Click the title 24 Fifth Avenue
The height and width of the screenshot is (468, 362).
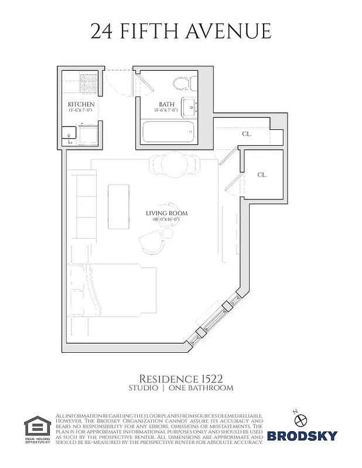(181, 31)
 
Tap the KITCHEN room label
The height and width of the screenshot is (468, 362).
(81, 105)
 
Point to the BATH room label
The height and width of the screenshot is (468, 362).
(166, 104)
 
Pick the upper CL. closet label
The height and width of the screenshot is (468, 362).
(246, 134)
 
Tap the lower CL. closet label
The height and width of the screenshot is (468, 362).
(262, 175)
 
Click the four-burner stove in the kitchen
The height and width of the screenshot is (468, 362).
(88, 83)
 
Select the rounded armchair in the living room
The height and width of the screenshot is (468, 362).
(152, 239)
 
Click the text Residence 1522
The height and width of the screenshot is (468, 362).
(180, 378)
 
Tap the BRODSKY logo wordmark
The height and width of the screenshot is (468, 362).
(302, 435)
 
